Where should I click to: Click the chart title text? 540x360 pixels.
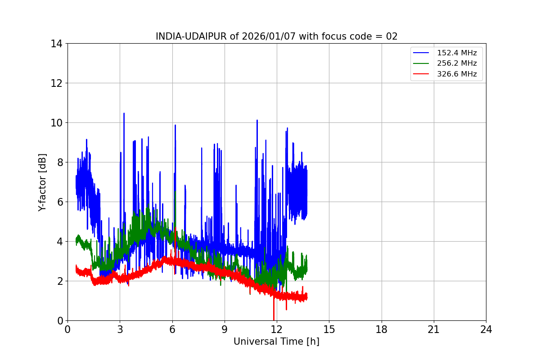[x=276, y=36]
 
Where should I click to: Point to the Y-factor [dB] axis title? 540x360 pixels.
[x=42, y=182]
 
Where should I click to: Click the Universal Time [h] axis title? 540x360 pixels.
[x=276, y=342]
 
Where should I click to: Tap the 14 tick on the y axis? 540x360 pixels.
[x=57, y=44]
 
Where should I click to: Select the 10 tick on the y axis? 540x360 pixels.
[x=57, y=123]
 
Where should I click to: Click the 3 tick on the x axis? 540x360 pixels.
[x=120, y=329]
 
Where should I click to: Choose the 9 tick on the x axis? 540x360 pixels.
[x=225, y=329]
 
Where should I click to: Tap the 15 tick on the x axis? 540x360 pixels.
[x=329, y=329]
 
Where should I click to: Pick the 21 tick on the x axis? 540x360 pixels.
[x=434, y=329]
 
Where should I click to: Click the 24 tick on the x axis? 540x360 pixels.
[x=486, y=329]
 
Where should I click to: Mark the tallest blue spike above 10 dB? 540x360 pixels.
[x=124, y=113]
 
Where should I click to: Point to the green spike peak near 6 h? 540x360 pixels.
[x=175, y=193]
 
